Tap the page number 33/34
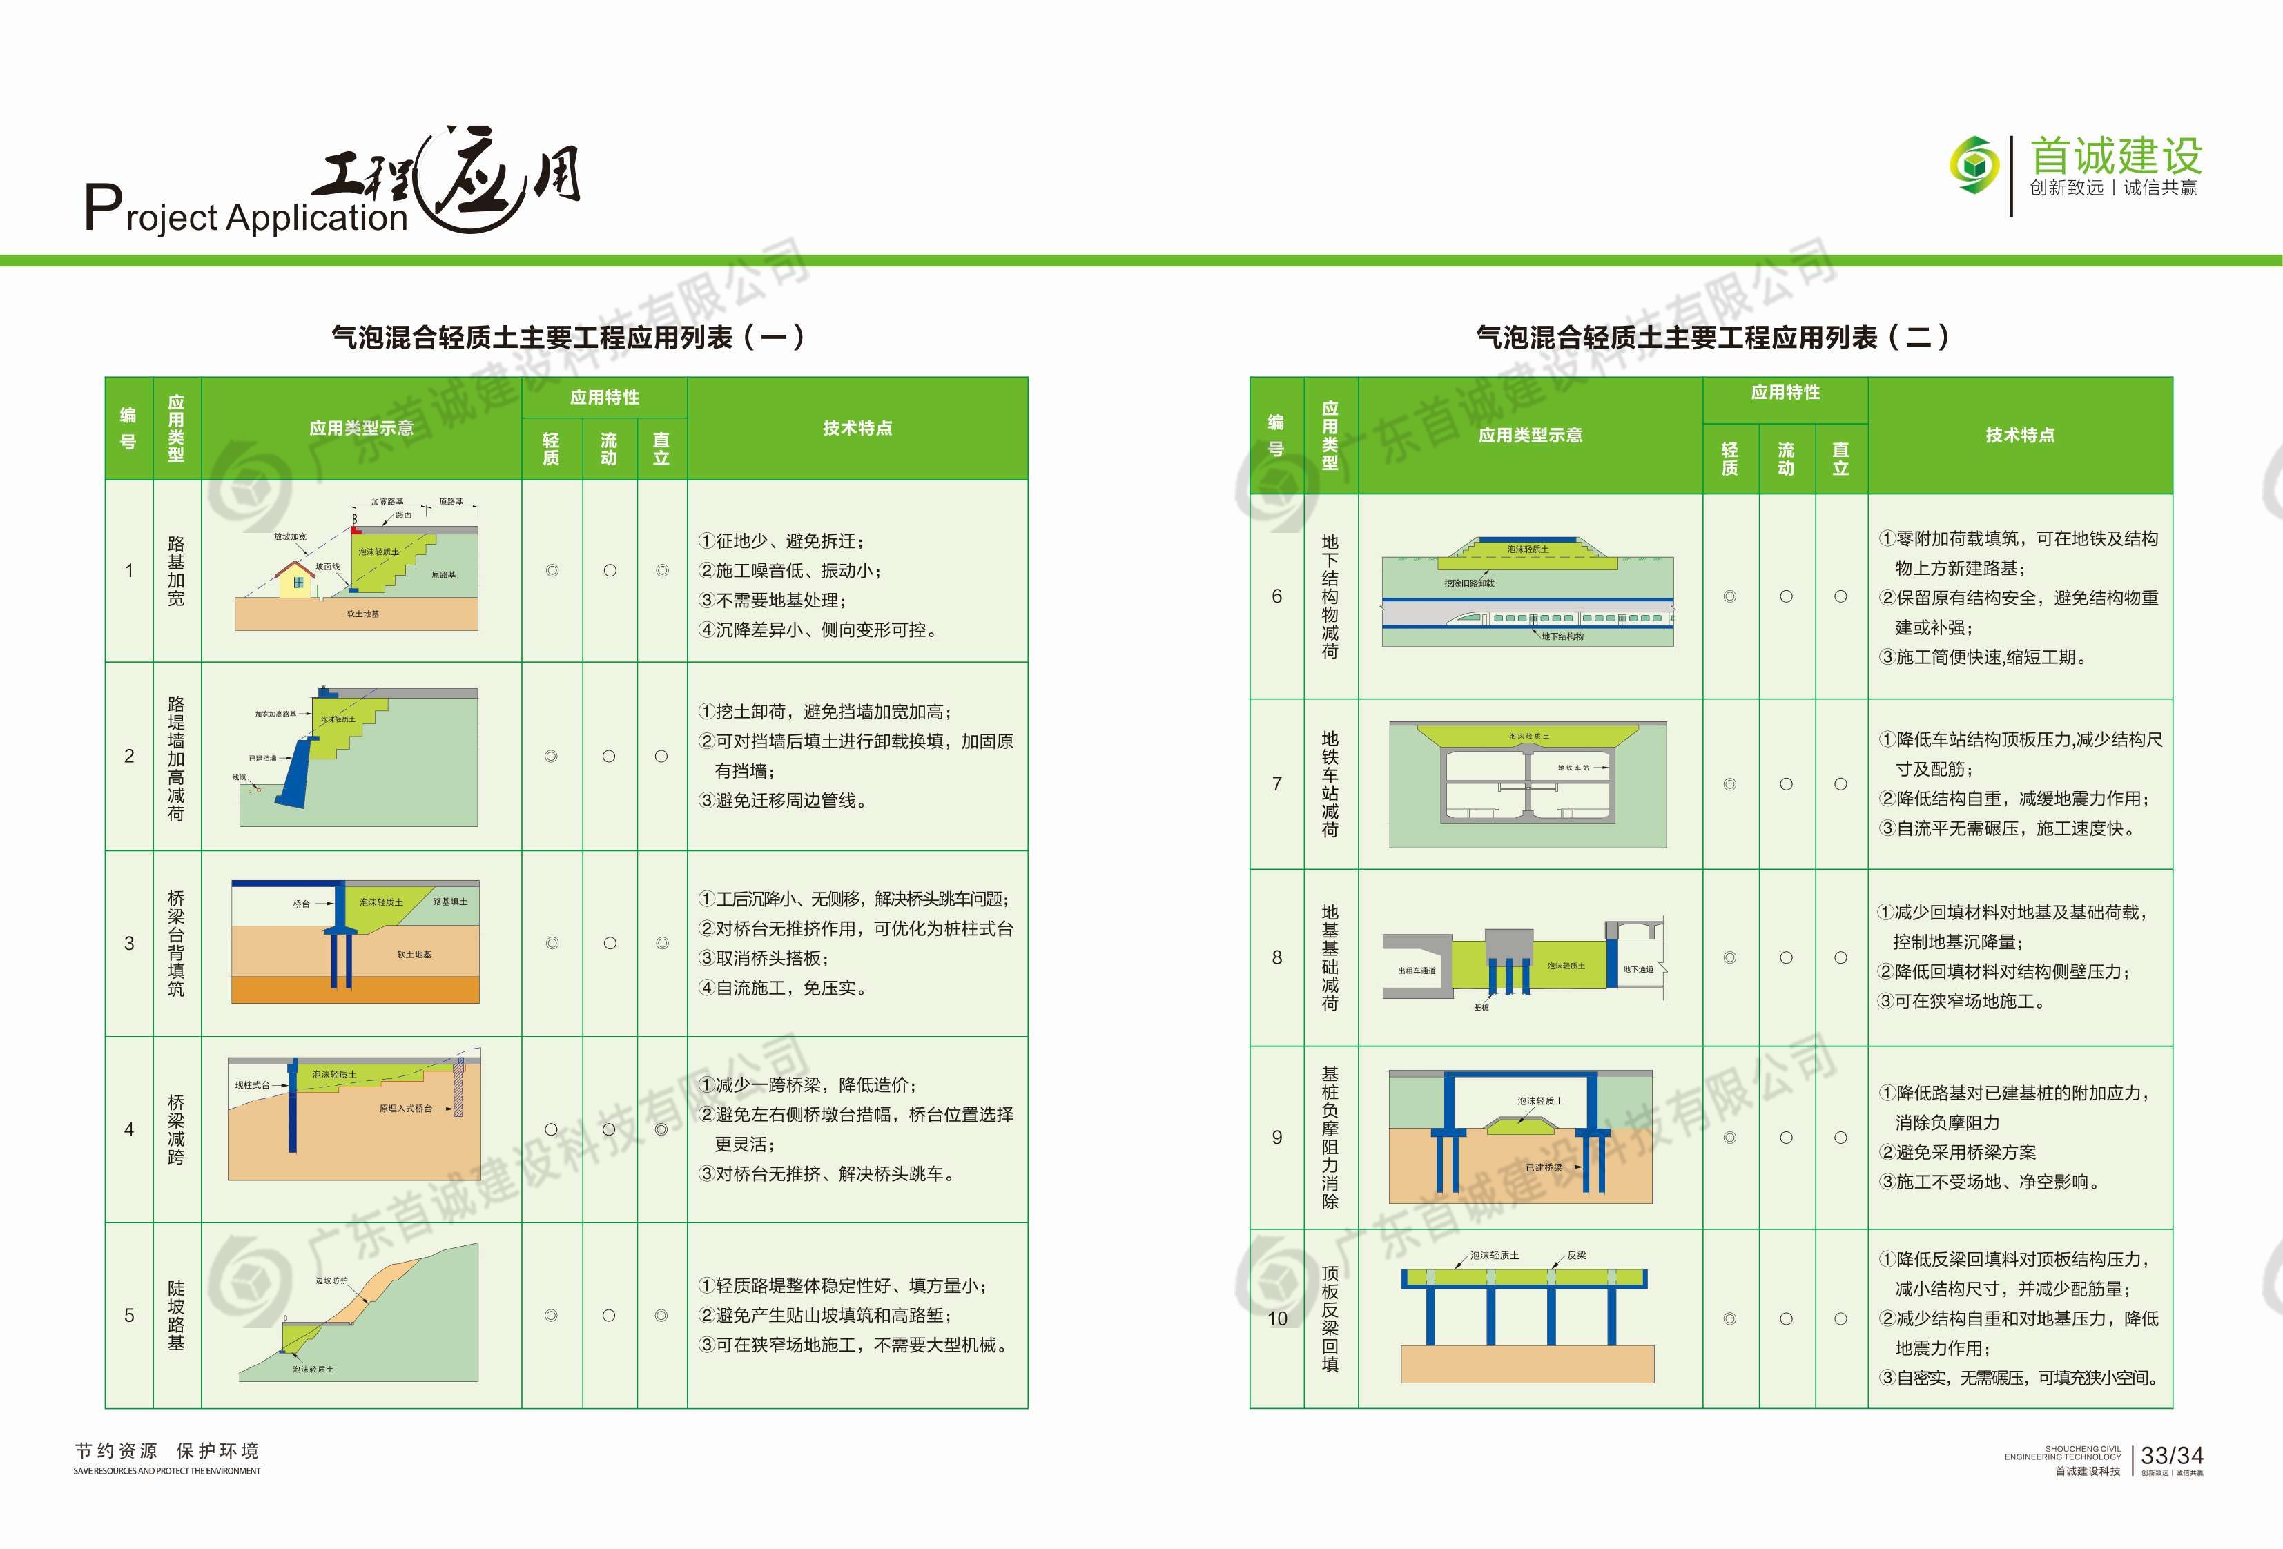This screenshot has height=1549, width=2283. [x=2172, y=1456]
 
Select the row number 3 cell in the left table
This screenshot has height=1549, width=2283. [x=128, y=944]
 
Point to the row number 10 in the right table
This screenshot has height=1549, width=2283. [x=1277, y=1318]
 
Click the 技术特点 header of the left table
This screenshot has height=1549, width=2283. [x=857, y=428]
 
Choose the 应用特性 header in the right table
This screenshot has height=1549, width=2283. [x=1785, y=392]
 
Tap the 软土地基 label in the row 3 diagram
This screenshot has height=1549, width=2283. [x=414, y=954]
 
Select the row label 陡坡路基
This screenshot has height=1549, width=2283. [x=176, y=1315]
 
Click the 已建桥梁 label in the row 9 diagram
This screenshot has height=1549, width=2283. [x=1543, y=1167]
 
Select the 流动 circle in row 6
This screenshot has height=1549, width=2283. [x=1786, y=596]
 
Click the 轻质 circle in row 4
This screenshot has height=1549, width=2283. [x=551, y=1129]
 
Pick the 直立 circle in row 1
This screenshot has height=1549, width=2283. [x=662, y=571]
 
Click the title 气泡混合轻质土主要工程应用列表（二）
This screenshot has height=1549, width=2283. [x=1711, y=338]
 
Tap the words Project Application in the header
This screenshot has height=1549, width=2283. [x=246, y=211]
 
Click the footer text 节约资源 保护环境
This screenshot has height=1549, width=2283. [x=167, y=1451]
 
